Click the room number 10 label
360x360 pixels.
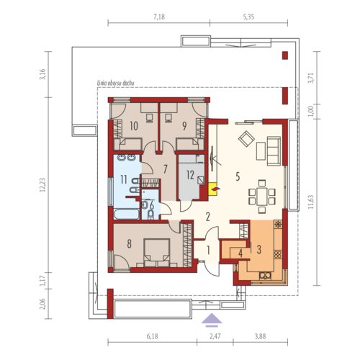(134, 126)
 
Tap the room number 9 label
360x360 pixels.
(184, 126)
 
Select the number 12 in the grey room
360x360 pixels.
(190, 175)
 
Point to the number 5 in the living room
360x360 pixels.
(238, 176)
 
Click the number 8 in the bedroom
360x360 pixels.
(129, 244)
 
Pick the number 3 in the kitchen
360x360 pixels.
(258, 249)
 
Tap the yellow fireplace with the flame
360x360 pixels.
(213, 189)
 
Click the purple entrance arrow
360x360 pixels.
(212, 320)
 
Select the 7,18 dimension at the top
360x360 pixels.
(159, 17)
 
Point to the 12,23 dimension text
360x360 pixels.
(42, 186)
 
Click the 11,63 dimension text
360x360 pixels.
(311, 202)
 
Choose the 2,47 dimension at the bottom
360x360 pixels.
(215, 336)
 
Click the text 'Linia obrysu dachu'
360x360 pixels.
(115, 84)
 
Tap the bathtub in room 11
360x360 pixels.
(127, 214)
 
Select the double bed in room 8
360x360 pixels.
(156, 253)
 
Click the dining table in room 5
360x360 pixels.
(262, 197)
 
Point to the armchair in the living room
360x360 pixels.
(246, 138)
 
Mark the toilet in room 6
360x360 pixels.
(150, 215)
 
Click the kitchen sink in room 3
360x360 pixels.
(265, 276)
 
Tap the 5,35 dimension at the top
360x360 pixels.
(248, 17)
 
